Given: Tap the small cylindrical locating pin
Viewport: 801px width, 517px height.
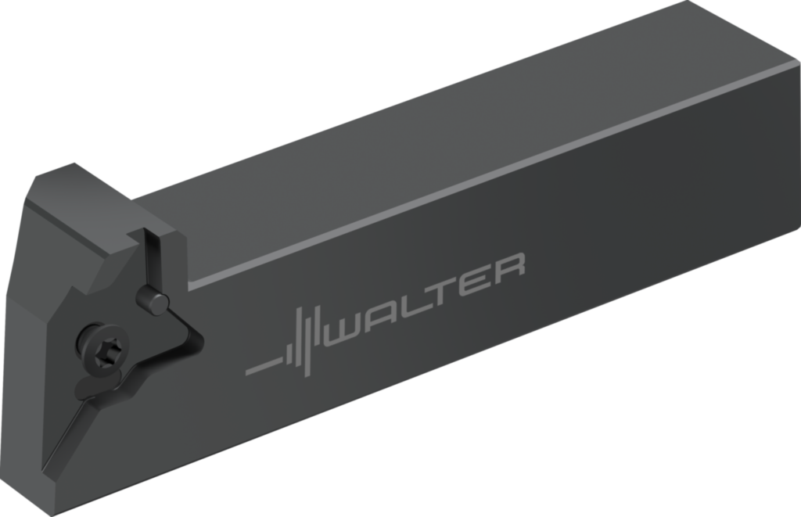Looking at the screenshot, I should pos(152,299).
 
